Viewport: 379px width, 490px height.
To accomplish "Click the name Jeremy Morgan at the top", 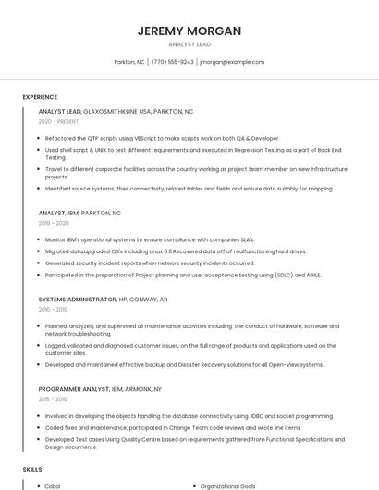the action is (189, 31).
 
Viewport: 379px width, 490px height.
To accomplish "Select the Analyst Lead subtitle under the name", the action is (189, 44).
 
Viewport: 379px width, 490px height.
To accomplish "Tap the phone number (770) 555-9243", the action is (172, 62).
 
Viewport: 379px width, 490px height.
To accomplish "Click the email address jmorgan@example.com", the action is (232, 62).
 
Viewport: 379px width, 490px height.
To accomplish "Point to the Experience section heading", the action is (40, 97).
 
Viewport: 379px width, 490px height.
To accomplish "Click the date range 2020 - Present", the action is (58, 121).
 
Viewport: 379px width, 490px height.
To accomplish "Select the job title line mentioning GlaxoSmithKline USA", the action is (116, 111).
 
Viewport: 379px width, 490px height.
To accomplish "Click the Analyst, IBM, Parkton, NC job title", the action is (79, 213).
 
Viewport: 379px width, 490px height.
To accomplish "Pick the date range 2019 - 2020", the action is (54, 223).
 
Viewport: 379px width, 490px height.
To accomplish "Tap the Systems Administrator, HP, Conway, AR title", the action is (103, 300).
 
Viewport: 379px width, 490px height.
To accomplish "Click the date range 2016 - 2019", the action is (53, 310).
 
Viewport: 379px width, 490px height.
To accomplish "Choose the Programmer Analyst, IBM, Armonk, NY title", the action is (100, 389).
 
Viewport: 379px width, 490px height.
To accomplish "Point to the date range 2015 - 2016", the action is (53, 399).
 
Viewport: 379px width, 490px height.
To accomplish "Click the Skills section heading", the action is (32, 470).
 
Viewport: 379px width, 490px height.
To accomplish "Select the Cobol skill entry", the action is (53, 486).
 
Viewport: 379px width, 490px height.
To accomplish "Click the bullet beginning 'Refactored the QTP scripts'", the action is (162, 138).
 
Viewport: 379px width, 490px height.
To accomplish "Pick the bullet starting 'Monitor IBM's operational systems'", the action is (149, 239).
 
